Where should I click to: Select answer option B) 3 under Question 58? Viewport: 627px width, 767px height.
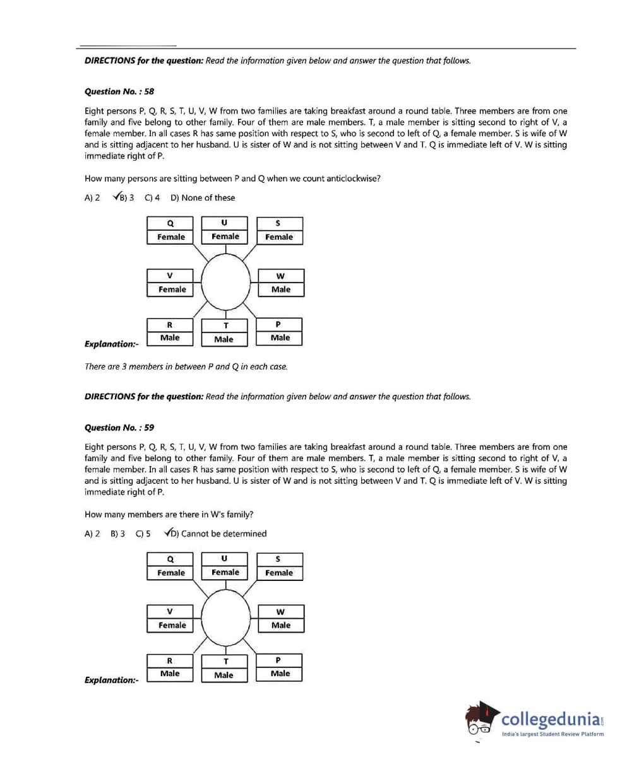click(x=124, y=197)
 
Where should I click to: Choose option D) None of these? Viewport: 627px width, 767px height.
click(x=202, y=197)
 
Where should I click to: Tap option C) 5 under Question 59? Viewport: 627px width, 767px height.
click(x=143, y=534)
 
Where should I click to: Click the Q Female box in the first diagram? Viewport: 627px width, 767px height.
click(x=171, y=230)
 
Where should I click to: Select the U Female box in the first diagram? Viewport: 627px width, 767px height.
click(x=225, y=230)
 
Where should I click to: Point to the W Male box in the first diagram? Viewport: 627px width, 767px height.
click(x=280, y=283)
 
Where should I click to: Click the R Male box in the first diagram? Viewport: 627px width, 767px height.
click(x=169, y=332)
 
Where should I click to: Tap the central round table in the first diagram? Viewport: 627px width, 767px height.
click(x=225, y=281)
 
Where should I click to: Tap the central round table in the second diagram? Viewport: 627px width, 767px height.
click(x=225, y=618)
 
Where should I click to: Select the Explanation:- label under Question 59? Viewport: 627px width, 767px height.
click(x=111, y=680)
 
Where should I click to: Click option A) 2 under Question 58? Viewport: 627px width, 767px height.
click(x=92, y=197)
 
